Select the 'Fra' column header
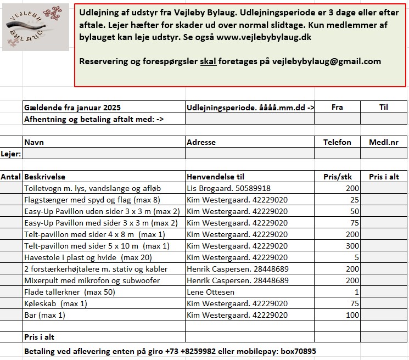click(337, 107)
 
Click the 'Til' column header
click(383, 107)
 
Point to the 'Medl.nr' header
click(384, 142)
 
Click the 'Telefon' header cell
click(337, 142)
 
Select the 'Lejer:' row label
click(11, 154)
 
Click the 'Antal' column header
click(10, 177)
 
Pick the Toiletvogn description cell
click(85, 188)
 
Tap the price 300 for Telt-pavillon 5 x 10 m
click(352, 246)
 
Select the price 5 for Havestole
click(356, 257)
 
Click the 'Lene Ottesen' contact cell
click(210, 292)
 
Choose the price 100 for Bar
click(352, 315)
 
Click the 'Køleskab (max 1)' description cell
click(55, 303)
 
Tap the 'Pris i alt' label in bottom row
click(39, 337)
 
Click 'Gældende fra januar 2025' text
click(72, 107)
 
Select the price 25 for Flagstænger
click(355, 200)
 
